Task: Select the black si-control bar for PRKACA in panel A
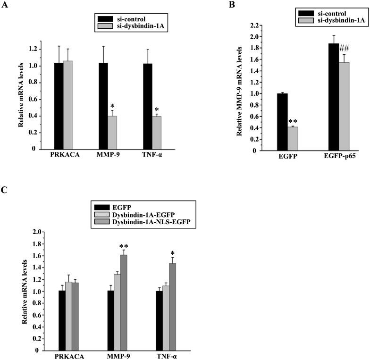click(59, 106)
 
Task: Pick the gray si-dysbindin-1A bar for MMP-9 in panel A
click(112, 132)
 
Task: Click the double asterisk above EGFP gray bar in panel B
click(292, 121)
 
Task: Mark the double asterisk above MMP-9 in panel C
click(124, 246)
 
